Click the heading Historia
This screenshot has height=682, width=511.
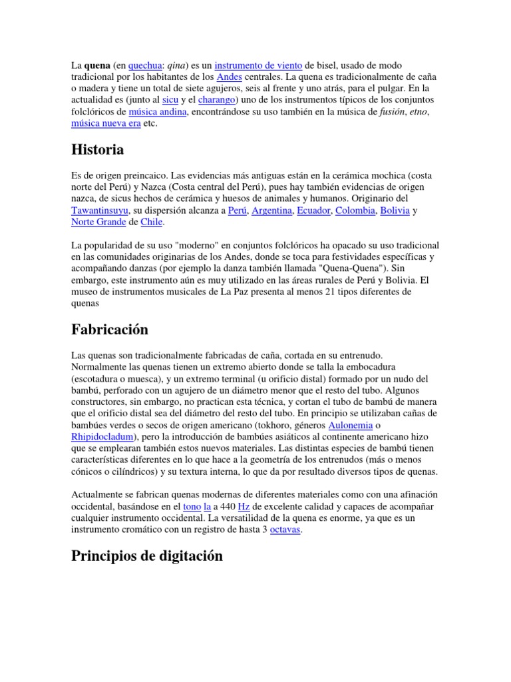click(97, 150)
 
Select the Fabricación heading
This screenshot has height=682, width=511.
click(109, 330)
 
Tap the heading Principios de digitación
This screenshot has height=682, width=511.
click(147, 556)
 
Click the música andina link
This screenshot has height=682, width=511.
click(158, 112)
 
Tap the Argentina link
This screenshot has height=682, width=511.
click(272, 210)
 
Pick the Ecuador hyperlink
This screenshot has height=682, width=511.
click(313, 210)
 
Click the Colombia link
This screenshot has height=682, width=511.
click(354, 210)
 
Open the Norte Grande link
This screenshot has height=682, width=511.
click(98, 222)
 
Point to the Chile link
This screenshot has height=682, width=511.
click(152, 222)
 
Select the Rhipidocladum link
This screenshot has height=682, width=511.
click(103, 436)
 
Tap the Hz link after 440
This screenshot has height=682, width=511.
click(244, 507)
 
